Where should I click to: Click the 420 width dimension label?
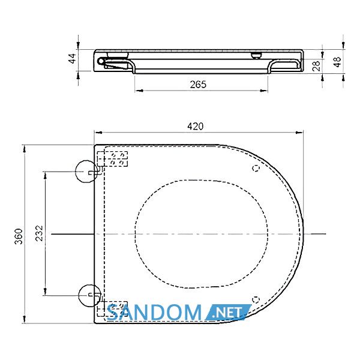pyautogui.click(x=196, y=126)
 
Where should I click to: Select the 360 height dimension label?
pyautogui.click(x=19, y=236)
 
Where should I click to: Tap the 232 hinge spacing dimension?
pyautogui.click(x=39, y=233)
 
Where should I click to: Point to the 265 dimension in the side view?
pyautogui.click(x=198, y=85)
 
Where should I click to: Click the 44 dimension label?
pyautogui.click(x=73, y=58)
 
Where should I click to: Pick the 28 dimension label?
pyautogui.click(x=316, y=66)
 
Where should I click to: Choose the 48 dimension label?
pyautogui.click(x=337, y=62)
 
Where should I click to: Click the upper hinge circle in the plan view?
pyautogui.click(x=86, y=172)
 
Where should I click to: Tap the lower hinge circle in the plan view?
pyautogui.click(x=89, y=296)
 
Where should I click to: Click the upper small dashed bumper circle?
pyautogui.click(x=256, y=168)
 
